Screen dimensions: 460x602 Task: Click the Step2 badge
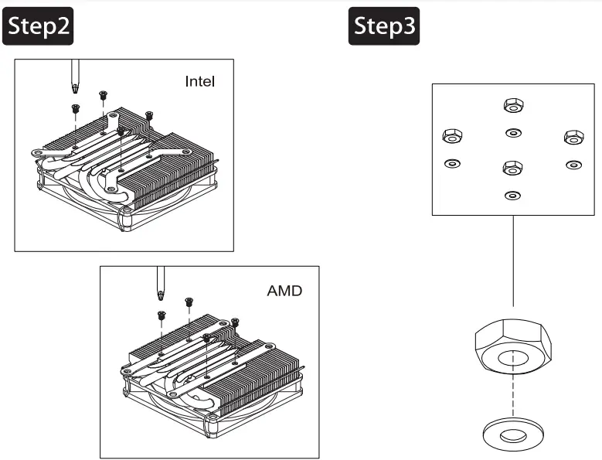(x=39, y=26)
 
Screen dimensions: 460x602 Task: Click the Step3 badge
(x=384, y=26)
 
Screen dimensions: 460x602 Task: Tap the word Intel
(x=200, y=81)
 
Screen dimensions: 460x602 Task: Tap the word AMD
(x=284, y=291)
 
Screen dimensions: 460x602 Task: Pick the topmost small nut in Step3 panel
(x=511, y=104)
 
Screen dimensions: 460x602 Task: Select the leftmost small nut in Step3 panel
(x=451, y=136)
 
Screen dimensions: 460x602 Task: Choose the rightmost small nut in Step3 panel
(x=573, y=136)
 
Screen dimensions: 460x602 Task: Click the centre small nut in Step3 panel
(x=511, y=167)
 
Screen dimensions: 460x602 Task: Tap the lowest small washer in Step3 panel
(x=511, y=195)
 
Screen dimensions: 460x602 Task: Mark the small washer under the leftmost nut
(x=451, y=164)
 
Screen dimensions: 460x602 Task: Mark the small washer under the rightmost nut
(x=573, y=164)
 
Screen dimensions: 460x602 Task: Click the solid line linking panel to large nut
(x=512, y=263)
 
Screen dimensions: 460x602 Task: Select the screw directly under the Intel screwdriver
(x=76, y=108)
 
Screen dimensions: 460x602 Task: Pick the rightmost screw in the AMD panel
(x=235, y=321)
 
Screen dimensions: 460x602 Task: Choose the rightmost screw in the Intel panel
(x=149, y=115)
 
